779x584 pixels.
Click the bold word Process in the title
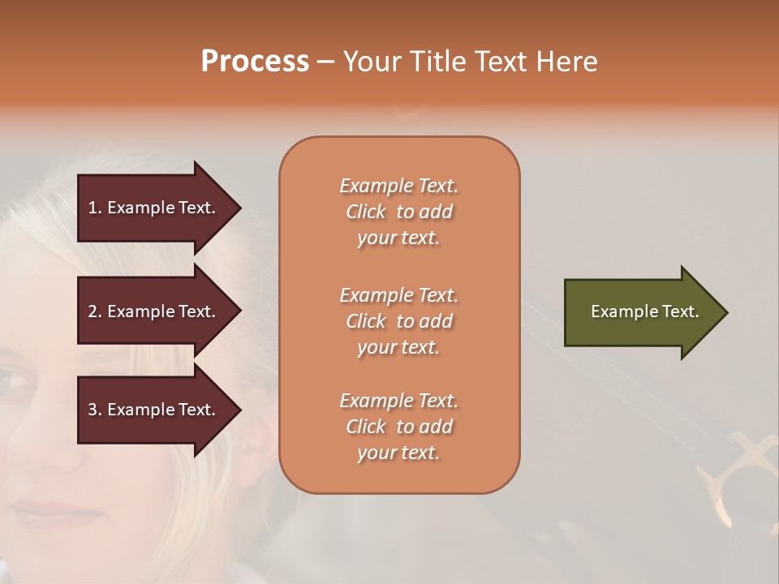pyautogui.click(x=255, y=62)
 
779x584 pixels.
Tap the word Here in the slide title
pyautogui.click(x=567, y=62)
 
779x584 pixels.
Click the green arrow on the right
pyautogui.click(x=641, y=311)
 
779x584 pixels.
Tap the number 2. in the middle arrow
pyautogui.click(x=95, y=311)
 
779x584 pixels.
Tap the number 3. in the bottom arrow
pyautogui.click(x=95, y=410)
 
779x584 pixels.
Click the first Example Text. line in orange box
pyautogui.click(x=398, y=186)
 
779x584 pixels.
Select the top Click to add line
pyautogui.click(x=398, y=212)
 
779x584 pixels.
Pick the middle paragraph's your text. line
pyautogui.click(x=398, y=347)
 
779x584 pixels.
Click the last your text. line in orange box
pyautogui.click(x=398, y=453)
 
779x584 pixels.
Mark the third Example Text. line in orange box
pyautogui.click(x=398, y=401)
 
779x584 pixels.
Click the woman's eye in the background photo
pyautogui.click(x=16, y=379)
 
